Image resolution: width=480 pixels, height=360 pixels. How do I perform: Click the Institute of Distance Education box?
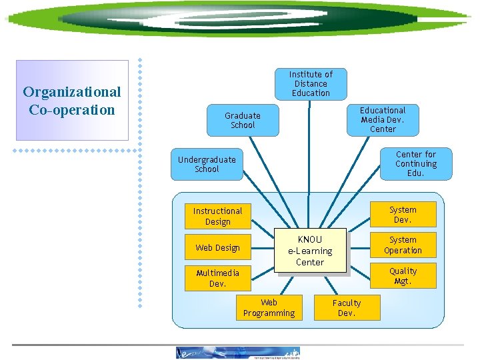311,83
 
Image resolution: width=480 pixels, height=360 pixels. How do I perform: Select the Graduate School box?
243,120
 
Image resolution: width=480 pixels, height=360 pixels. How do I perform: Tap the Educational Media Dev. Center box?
382,119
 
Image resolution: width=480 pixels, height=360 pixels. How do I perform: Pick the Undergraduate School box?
206,164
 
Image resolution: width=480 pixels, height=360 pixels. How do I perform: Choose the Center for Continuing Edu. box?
415,163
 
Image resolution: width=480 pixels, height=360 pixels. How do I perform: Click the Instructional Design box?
217,216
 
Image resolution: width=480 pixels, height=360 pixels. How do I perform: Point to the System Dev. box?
403,215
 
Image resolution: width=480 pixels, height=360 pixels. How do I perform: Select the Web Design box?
217,247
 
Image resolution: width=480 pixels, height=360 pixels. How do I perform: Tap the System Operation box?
403,245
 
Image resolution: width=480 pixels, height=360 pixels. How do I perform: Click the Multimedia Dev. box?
217,278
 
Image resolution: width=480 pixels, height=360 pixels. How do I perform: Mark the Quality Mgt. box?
403,276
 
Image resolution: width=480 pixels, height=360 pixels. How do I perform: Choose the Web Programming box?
269,307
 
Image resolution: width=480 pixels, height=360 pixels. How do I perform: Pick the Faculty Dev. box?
347,307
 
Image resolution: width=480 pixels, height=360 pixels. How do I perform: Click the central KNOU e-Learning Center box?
310,251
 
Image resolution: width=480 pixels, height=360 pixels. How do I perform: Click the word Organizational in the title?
72,92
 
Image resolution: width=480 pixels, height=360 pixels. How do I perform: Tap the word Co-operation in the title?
72,110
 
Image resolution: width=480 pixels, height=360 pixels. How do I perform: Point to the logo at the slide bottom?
238,353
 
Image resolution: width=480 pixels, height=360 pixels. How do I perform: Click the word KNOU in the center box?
310,239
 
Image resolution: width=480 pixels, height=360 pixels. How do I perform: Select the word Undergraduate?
207,159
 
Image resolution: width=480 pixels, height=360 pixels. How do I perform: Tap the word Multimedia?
217,273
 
